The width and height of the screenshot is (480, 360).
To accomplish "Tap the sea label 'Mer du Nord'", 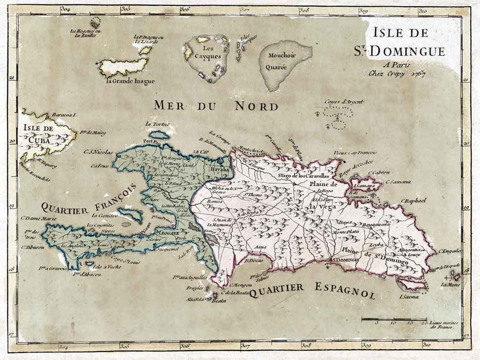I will pyautogui.click(x=216, y=106).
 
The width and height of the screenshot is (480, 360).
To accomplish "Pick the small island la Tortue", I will pyautogui.click(x=158, y=134).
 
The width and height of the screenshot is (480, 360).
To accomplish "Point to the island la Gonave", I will pyautogui.click(x=130, y=215).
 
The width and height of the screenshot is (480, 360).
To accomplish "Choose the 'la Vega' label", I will pyautogui.click(x=323, y=206).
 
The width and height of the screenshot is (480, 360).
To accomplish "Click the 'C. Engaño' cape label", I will pyautogui.click(x=449, y=251).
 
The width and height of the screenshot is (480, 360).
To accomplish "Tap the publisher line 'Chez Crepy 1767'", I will pyautogui.click(x=397, y=74).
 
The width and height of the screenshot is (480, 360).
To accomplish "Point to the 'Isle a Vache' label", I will pyautogui.click(x=107, y=268).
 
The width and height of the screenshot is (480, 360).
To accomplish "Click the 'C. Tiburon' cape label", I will pyautogui.click(x=33, y=247).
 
